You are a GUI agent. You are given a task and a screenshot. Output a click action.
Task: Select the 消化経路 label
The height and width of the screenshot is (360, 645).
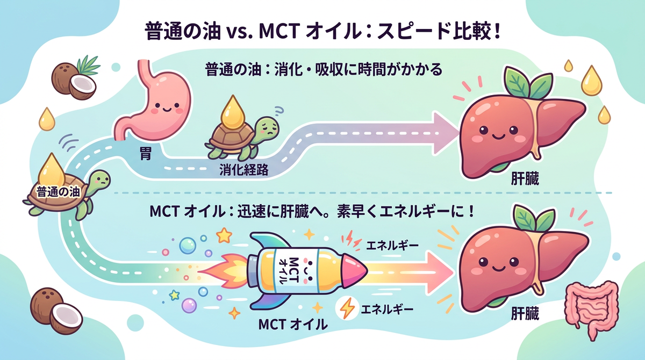244,170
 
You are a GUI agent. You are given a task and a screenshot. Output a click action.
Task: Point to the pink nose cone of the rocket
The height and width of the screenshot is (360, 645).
354,271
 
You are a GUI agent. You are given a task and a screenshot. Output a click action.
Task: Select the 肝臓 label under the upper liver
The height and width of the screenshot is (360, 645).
525,179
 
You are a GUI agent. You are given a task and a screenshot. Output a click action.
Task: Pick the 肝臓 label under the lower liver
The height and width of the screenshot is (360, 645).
525,313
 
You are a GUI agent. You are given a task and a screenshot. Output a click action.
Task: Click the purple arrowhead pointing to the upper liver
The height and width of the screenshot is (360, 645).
445,133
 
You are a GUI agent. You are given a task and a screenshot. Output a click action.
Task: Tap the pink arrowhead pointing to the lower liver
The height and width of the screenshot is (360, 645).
440,272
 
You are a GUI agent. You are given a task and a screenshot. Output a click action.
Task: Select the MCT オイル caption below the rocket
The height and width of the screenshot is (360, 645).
293,325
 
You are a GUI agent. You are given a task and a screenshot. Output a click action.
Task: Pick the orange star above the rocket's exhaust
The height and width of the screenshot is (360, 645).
224,235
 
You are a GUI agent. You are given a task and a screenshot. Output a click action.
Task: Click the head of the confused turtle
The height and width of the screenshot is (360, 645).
267,128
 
